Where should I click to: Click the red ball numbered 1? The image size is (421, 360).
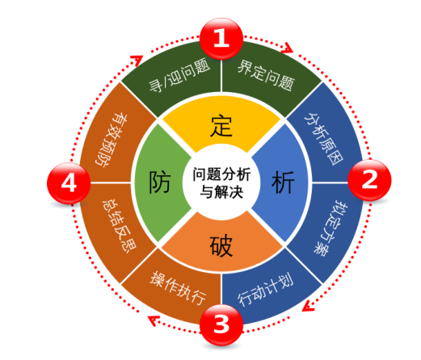pos(221,39)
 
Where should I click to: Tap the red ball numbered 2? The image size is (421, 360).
pos(369,180)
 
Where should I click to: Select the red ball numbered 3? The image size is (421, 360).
pos(221,324)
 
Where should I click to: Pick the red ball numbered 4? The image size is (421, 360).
pos(69,183)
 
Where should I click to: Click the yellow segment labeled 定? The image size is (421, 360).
pos(221,123)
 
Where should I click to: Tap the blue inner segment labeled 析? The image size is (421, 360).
pos(280,182)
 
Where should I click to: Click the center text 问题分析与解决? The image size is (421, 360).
pos(221,183)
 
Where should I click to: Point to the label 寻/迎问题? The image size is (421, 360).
pos(179,75)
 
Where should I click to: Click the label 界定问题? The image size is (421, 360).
pos(266,75)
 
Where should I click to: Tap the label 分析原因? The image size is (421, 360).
pos(324,138)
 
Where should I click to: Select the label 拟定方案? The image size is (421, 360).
pos(330,228)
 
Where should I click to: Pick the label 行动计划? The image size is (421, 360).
pos(265,290)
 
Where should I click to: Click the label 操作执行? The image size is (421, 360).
pos(178,288)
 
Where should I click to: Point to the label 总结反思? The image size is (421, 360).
pos(120,226)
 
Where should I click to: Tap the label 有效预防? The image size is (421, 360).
pos(112,140)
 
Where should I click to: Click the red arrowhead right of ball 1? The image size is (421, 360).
pos(287,48)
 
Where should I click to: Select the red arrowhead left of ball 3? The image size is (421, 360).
pos(154,320)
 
